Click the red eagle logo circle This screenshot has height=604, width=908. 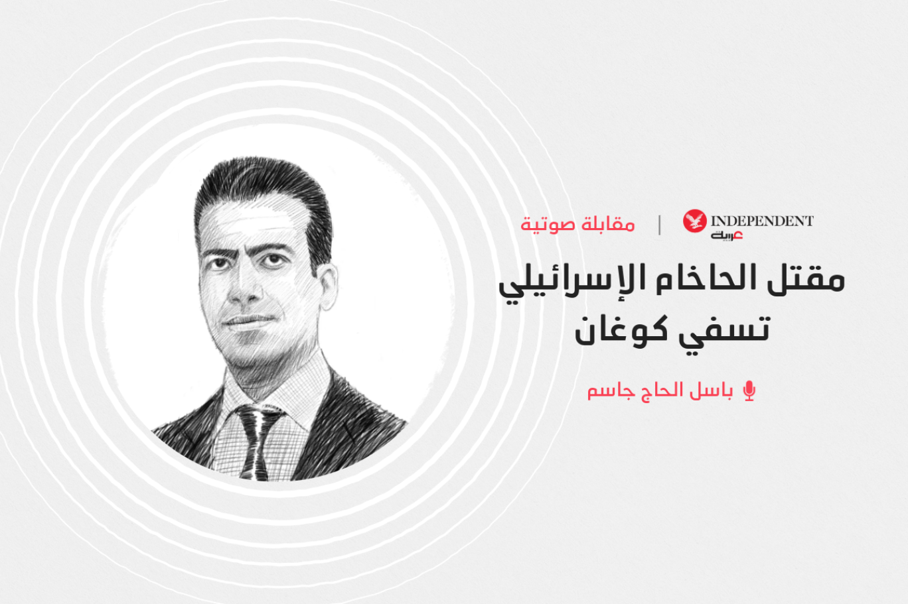coord(695,221)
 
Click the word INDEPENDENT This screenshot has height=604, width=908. coord(763,221)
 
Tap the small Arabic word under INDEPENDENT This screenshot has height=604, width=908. coord(726,235)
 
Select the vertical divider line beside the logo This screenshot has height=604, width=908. coord(660,225)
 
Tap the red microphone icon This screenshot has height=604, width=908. coord(749,391)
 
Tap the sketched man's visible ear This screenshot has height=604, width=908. coord(327,285)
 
